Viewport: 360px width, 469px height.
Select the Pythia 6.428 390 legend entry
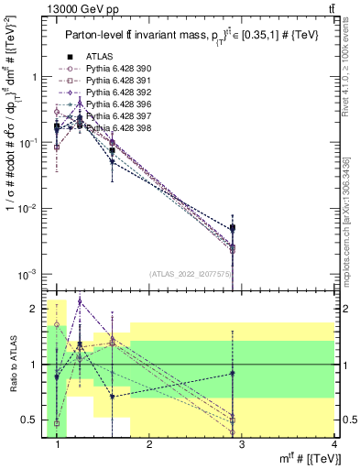[x=114, y=69]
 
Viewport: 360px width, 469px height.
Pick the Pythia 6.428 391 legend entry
[x=114, y=81]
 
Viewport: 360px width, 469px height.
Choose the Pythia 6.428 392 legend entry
[x=114, y=93]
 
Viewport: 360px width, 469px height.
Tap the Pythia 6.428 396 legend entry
[x=114, y=104]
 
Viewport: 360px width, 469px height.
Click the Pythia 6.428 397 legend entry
[x=114, y=116]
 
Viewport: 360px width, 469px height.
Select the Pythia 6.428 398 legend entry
[x=114, y=128]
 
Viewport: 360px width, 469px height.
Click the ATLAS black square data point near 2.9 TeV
[x=234, y=228]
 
